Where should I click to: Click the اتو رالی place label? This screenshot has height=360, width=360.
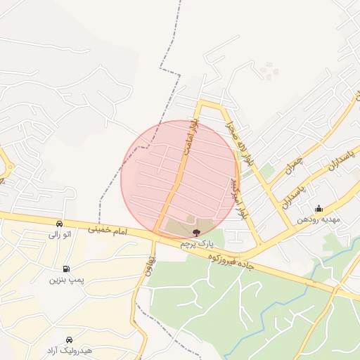coord(58,235)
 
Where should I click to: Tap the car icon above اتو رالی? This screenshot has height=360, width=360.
coord(58,224)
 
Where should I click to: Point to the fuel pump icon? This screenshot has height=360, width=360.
coord(66,269)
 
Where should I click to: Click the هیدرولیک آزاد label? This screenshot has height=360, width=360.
coord(69,350)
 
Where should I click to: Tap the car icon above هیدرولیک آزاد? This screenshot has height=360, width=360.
coord(69,339)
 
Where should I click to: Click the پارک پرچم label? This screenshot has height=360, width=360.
coord(195,243)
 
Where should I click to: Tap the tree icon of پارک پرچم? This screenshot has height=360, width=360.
coord(196,231)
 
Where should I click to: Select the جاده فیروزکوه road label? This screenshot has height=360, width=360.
coord(230,260)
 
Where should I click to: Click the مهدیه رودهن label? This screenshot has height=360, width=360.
coord(318,219)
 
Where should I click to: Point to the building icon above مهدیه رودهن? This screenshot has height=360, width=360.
coord(319,208)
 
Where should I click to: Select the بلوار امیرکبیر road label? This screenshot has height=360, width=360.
coord(238,196)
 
